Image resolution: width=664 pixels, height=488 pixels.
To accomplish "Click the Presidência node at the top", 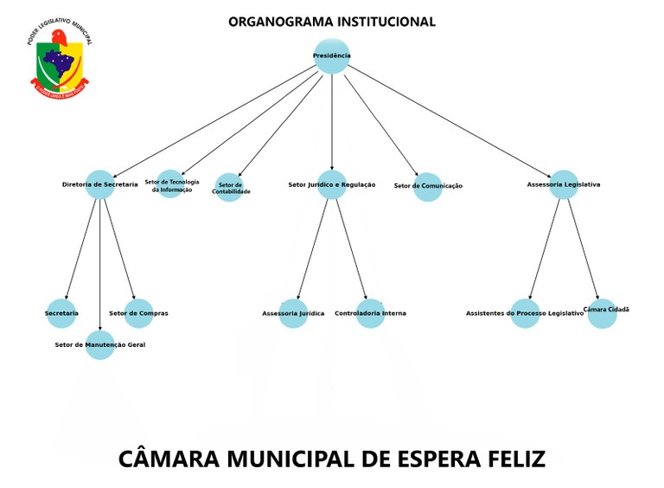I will [332, 56].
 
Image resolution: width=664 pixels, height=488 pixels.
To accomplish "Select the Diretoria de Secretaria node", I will [100, 184].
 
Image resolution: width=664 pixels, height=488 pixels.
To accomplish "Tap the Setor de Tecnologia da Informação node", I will [171, 183].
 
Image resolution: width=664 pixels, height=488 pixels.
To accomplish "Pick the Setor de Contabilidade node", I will [229, 187].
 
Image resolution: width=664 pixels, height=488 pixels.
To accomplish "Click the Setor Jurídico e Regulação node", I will [332, 184].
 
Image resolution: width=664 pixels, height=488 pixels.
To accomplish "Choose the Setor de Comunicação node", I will [428, 187].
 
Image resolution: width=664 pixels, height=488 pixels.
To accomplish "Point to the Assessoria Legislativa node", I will [564, 184].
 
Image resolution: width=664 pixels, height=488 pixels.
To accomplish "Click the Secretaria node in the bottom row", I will [61, 313].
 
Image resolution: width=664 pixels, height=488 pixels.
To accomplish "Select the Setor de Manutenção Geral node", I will [100, 344].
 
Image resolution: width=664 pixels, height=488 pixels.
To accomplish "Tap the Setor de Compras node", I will [139, 313].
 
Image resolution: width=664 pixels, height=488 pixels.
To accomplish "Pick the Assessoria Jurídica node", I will [293, 313].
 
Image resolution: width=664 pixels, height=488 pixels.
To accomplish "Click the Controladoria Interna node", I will [370, 313].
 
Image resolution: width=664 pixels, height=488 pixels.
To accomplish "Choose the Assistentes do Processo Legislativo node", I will [525, 313].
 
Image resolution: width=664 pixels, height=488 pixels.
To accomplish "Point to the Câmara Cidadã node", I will [603, 312].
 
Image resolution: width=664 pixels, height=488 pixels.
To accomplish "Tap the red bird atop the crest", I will [59, 37].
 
